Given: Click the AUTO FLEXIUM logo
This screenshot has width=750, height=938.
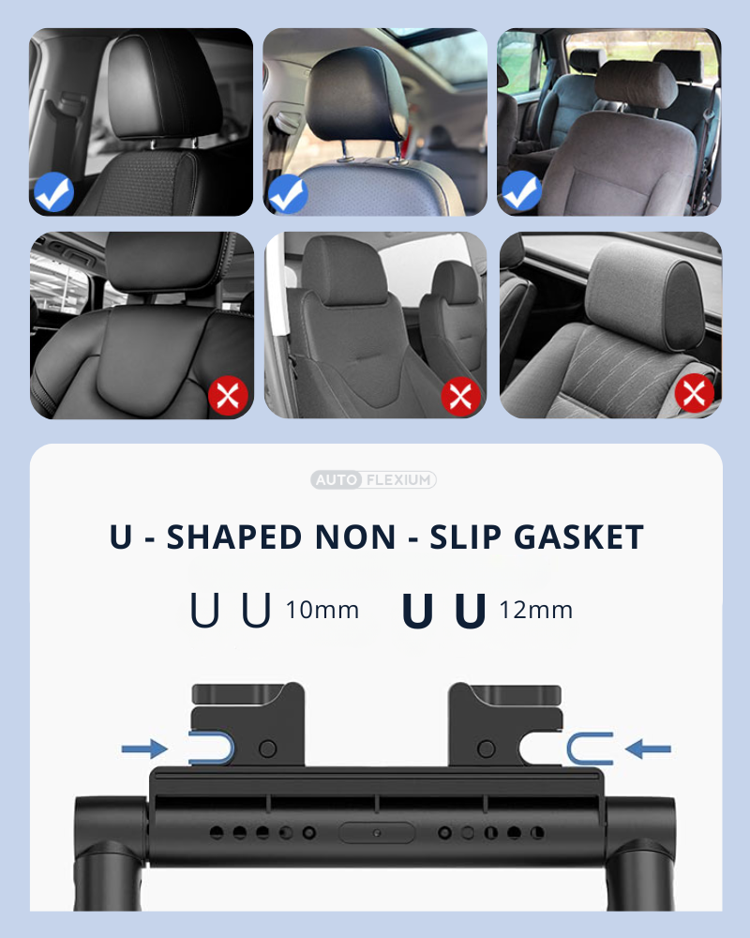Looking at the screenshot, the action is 373,479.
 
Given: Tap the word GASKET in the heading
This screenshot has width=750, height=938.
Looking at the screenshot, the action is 579,537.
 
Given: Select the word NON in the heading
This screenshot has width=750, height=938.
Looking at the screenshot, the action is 355,537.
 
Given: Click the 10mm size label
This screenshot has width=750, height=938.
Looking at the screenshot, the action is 322,611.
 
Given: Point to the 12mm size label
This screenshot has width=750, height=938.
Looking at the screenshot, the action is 536,611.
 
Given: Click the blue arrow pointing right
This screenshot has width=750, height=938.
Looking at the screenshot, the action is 144,749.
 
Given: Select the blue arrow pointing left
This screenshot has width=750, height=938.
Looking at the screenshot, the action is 649,749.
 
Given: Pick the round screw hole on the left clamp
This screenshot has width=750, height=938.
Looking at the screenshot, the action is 267,749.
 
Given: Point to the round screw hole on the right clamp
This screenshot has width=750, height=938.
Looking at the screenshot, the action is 487,749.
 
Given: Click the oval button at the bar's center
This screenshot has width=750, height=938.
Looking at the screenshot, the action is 376,833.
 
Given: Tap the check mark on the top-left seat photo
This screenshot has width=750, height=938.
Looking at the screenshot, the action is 53,192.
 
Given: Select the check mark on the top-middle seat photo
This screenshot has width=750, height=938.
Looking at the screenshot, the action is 288,194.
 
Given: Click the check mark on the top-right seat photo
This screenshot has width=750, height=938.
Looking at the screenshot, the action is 521,191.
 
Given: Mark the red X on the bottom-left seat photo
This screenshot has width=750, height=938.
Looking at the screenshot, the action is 228,396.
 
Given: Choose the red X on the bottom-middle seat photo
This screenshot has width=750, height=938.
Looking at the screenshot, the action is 460,396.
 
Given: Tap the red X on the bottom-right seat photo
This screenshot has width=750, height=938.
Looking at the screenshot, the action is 695,394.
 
